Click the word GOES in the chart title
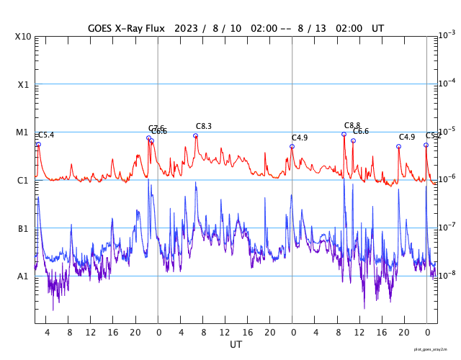103,28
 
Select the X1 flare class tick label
24,84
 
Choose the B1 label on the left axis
24,228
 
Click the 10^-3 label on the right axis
447,35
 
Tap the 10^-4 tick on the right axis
447,83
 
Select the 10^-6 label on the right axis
447,179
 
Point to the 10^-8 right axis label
447,274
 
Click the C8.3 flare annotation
204,126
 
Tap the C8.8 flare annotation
352,125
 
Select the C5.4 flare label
45,135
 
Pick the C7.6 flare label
156,127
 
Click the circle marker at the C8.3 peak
195,135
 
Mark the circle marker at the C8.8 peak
344,134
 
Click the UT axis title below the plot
236,345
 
